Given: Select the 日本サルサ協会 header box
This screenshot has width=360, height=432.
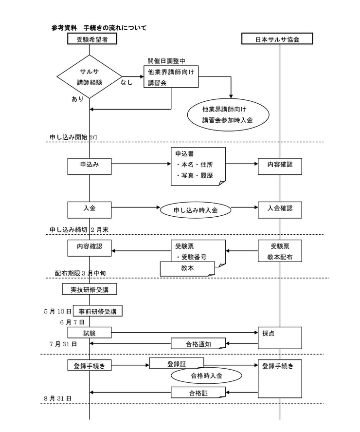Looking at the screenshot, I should (277, 39).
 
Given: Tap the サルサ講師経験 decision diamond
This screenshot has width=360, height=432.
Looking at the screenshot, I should (89, 76).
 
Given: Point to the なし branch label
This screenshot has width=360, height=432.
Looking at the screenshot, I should (126, 83).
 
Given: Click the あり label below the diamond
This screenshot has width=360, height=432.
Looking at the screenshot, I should (77, 99).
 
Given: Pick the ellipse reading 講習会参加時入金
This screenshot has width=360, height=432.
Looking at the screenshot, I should (228, 115).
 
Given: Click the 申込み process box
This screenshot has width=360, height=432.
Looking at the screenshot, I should (89, 165).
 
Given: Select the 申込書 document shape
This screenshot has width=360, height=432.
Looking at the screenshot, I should (198, 166).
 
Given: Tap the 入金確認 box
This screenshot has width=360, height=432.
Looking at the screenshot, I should (280, 209).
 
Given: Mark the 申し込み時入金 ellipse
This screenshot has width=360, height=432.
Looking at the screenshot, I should (196, 210).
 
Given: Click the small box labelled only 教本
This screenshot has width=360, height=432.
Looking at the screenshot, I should (187, 268).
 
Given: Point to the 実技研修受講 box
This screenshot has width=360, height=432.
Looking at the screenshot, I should (89, 290).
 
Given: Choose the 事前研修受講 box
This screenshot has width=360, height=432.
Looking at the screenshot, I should (97, 311).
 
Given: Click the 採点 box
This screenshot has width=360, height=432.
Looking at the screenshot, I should (280, 338).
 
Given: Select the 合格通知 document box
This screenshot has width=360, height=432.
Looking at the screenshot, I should (198, 343).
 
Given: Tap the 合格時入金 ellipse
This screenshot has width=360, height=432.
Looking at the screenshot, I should (206, 376).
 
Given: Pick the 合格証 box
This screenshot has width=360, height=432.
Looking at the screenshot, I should (198, 393).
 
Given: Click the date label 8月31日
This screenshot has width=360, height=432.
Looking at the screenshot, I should (58, 398).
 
